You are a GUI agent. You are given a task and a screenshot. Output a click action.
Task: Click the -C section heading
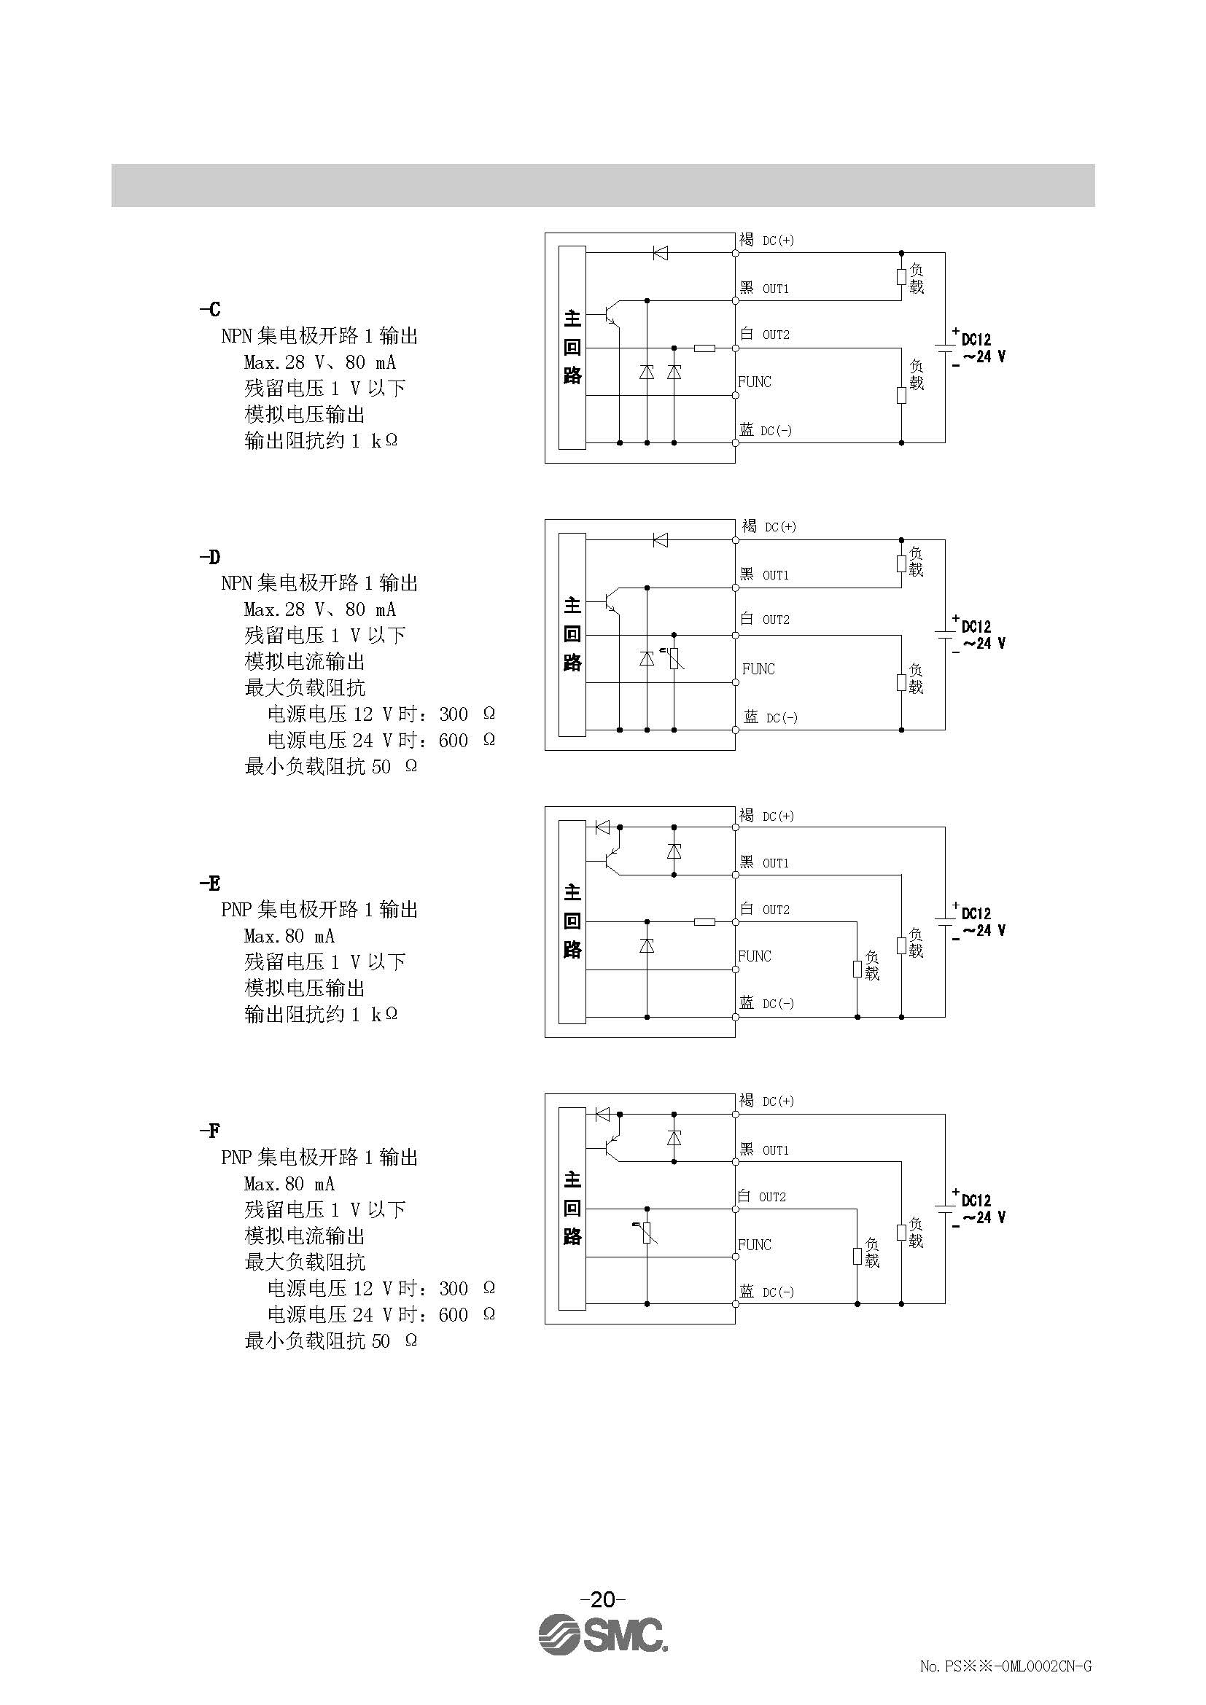pyautogui.click(x=210, y=309)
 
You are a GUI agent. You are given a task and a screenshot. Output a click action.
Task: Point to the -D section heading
pyautogui.click(x=210, y=557)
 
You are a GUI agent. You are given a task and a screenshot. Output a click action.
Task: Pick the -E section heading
pyautogui.click(x=210, y=883)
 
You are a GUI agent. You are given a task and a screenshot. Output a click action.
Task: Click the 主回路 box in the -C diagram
pyautogui.click(x=572, y=348)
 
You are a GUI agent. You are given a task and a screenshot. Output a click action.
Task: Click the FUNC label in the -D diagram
pyautogui.click(x=758, y=669)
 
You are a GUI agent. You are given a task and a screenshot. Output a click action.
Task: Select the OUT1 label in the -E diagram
pyautogui.click(x=775, y=863)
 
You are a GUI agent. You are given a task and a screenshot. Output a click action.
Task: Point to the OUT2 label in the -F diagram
pyautogui.click(x=772, y=1197)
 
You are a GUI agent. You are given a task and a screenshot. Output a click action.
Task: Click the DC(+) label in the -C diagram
pyautogui.click(x=778, y=241)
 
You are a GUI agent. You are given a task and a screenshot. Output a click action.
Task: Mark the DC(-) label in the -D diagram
pyautogui.click(x=781, y=717)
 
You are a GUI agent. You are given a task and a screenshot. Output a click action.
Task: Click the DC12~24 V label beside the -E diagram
pyautogui.click(x=981, y=922)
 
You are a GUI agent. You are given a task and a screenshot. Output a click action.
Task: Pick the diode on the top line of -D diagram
pyautogui.click(x=659, y=540)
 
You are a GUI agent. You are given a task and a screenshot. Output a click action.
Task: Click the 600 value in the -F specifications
pyautogui.click(x=453, y=1315)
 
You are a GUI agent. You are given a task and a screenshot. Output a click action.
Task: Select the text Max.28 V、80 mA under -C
pyautogui.click(x=319, y=362)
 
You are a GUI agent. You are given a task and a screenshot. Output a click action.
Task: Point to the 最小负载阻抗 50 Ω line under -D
pyautogui.click(x=330, y=766)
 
